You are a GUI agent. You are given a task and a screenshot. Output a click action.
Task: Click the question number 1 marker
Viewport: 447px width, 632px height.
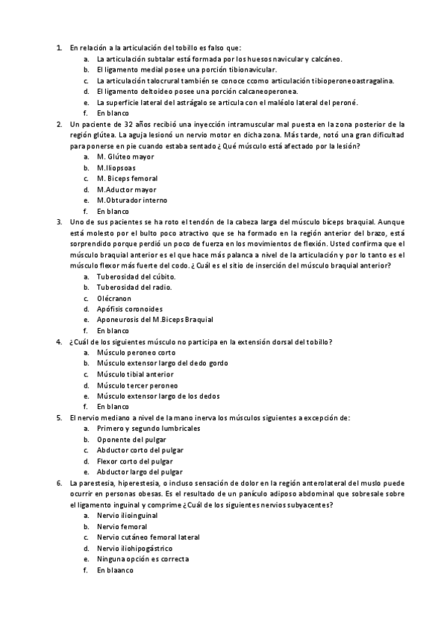(x=59, y=48)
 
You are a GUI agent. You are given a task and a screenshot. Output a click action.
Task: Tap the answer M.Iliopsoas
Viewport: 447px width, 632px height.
(x=120, y=168)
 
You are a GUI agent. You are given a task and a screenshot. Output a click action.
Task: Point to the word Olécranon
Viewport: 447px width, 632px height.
(x=113, y=298)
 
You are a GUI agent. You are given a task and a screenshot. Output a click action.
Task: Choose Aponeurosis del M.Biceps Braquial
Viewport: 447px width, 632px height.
(x=154, y=320)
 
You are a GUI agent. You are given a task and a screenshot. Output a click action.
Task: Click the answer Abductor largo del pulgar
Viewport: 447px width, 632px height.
(x=139, y=472)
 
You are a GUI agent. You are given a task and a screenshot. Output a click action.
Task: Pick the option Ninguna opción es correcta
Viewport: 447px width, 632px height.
(x=142, y=559)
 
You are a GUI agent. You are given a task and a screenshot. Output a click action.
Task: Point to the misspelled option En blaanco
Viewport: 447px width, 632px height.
(x=114, y=570)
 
